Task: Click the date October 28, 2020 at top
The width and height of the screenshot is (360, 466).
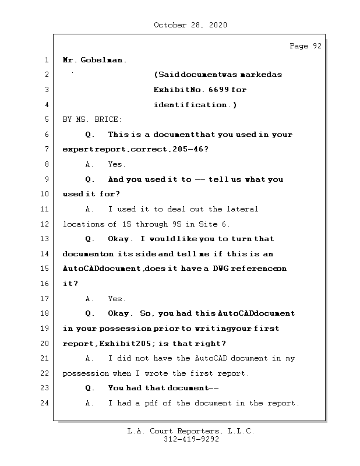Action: click(190, 25)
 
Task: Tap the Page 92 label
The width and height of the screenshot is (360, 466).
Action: click(305, 47)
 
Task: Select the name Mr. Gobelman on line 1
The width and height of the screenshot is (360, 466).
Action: click(94, 60)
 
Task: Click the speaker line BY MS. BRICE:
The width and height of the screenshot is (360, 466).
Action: click(92, 119)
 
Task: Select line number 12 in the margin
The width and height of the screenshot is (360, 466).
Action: click(46, 224)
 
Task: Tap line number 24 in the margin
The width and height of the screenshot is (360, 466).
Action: click(46, 403)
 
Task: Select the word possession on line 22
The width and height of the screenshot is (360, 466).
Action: click(86, 373)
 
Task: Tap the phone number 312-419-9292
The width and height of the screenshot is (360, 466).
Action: click(191, 440)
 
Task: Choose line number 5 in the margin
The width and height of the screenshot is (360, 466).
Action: click(46, 119)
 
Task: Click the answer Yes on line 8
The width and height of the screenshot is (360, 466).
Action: click(117, 164)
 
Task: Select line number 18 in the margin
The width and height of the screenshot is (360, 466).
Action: click(46, 313)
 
